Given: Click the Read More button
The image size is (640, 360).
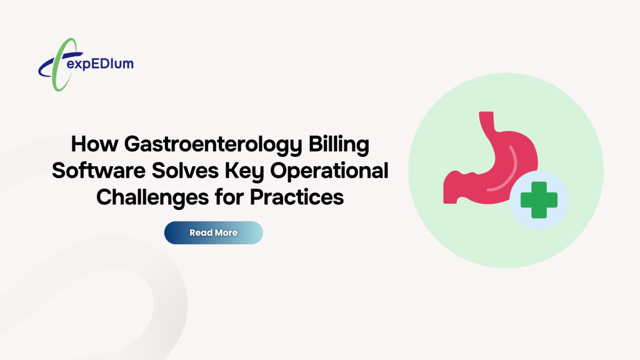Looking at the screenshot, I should click(213, 232).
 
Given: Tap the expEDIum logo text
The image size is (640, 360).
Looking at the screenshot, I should click(102, 64).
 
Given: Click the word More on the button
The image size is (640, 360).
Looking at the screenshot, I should click(226, 232).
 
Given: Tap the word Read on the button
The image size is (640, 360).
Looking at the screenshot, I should click(200, 232).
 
